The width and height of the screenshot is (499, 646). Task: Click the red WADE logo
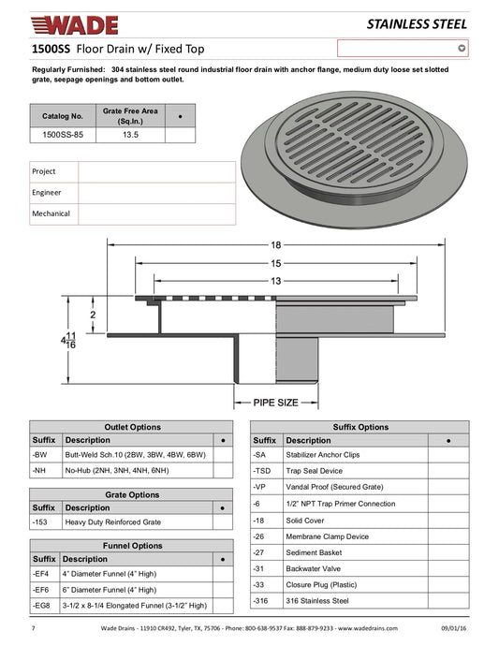pyautogui.click(x=75, y=25)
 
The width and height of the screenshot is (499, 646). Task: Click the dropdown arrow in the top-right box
pyautogui.click(x=462, y=48)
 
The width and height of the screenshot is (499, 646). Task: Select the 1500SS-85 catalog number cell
pyautogui.click(x=63, y=135)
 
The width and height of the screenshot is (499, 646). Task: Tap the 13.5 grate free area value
pyautogui.click(x=130, y=135)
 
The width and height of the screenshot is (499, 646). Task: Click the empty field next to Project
pyautogui.click(x=157, y=172)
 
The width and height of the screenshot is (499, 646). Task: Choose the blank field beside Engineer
pyautogui.click(x=157, y=193)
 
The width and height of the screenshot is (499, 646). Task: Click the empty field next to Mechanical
pyautogui.click(x=157, y=214)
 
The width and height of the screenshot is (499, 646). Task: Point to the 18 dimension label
pyautogui.click(x=275, y=245)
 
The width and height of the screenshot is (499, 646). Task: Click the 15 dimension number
pyautogui.click(x=275, y=263)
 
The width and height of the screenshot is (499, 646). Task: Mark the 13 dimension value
pyautogui.click(x=275, y=281)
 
